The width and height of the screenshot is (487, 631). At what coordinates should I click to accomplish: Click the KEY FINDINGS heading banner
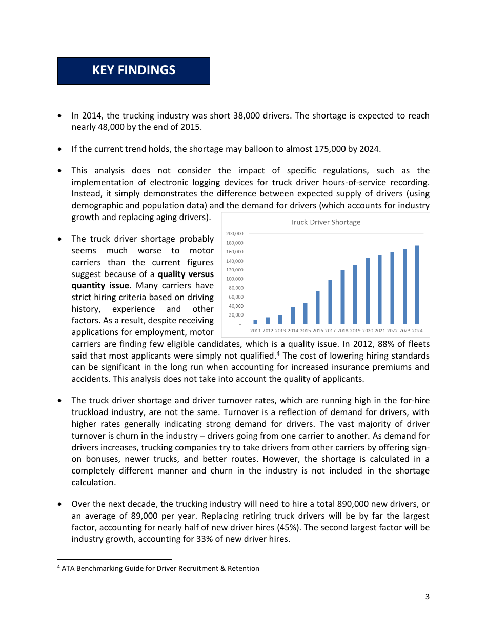pos(133,71)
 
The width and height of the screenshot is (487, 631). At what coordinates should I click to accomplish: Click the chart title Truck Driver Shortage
pos(325,222)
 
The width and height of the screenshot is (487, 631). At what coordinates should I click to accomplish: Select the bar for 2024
pos(417,285)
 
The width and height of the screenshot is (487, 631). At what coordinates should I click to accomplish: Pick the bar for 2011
pos(255,322)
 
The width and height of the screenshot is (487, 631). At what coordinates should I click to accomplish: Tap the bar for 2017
pos(330,302)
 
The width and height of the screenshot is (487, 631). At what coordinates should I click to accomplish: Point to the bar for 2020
pos(368,291)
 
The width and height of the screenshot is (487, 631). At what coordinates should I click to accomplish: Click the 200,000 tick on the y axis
pos(235,234)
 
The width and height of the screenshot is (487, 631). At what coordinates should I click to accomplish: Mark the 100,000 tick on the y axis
pos(235,279)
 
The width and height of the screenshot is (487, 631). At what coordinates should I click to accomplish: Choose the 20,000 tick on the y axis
pos(236,314)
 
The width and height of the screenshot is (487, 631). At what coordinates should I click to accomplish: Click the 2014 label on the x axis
pos(293,331)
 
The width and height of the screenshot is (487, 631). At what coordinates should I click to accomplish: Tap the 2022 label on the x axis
pos(392,331)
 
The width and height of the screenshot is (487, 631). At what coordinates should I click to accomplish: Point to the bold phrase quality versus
pos(186,274)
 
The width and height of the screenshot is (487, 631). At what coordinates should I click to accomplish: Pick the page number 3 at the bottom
pos(427,597)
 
